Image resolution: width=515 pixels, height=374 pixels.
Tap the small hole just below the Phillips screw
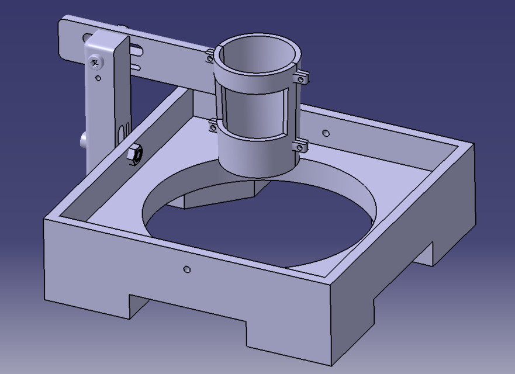tap(98, 78)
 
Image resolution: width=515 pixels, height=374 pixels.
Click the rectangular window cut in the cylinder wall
tap(254, 114)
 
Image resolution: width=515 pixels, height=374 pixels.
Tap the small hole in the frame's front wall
tap(186, 269)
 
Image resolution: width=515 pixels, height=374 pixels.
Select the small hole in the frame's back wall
tap(326, 133)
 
